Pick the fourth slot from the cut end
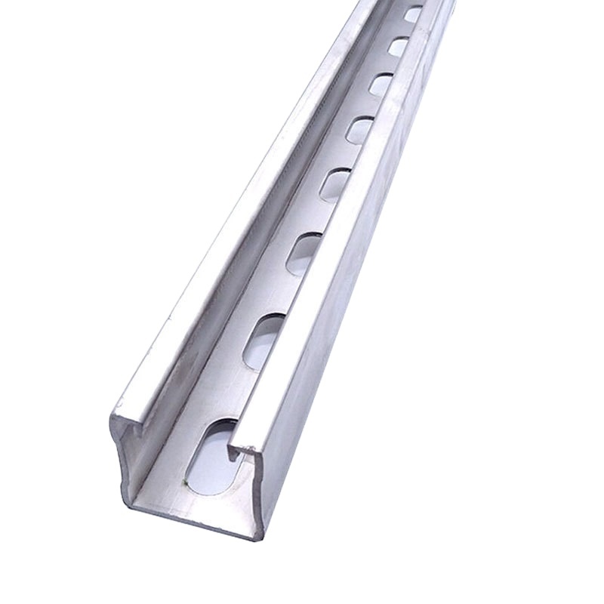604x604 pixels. pyautogui.click(x=333, y=183)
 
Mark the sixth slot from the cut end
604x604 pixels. pyautogui.click(x=380, y=84)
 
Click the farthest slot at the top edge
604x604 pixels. pyautogui.click(x=412, y=14)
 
